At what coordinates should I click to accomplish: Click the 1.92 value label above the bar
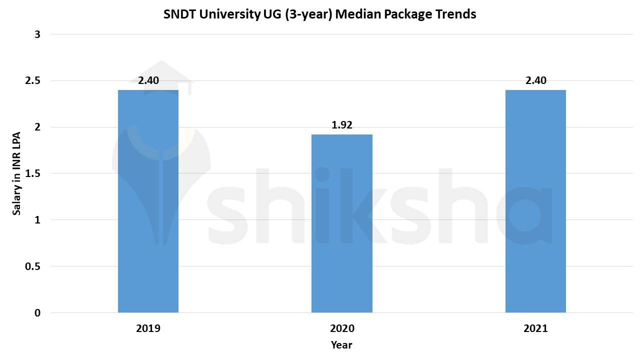[342, 125]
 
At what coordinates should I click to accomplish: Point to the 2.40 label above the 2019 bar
[148, 80]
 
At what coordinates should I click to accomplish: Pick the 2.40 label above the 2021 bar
[535, 80]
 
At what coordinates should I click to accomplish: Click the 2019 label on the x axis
[148, 328]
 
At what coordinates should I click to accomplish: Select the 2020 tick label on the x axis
[342, 328]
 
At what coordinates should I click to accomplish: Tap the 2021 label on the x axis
[535, 328]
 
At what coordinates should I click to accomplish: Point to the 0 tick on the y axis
[37, 313]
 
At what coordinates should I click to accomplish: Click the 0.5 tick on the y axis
[33, 266]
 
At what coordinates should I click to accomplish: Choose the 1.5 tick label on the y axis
[33, 173]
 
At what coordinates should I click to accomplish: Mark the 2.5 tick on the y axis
[33, 80]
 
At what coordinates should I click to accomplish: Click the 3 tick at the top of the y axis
[37, 34]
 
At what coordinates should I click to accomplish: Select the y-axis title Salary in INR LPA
[16, 173]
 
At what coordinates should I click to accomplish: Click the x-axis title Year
[341, 345]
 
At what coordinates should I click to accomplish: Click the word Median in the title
[355, 14]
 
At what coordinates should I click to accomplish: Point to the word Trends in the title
[456, 14]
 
